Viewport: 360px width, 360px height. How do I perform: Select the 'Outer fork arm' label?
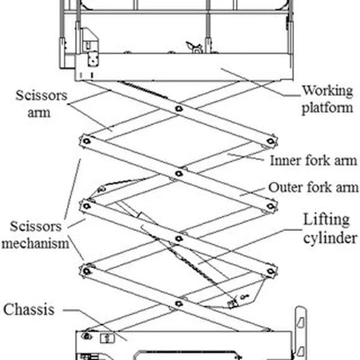313,188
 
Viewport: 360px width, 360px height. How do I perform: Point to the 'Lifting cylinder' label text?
329,230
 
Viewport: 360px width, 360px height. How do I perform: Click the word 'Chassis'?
29,310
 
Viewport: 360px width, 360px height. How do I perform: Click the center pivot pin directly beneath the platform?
179,108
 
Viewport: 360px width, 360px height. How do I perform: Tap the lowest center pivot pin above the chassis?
179,304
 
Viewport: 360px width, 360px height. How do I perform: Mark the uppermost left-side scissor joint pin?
86,140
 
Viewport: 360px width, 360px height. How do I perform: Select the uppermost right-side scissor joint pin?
271,141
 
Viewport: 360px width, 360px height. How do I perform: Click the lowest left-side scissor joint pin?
86,271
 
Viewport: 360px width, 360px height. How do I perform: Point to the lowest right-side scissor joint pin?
271,271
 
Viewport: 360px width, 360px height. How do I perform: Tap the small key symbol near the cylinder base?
244,296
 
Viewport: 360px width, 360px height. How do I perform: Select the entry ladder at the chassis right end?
301,333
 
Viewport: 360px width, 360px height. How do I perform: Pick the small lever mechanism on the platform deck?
193,46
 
